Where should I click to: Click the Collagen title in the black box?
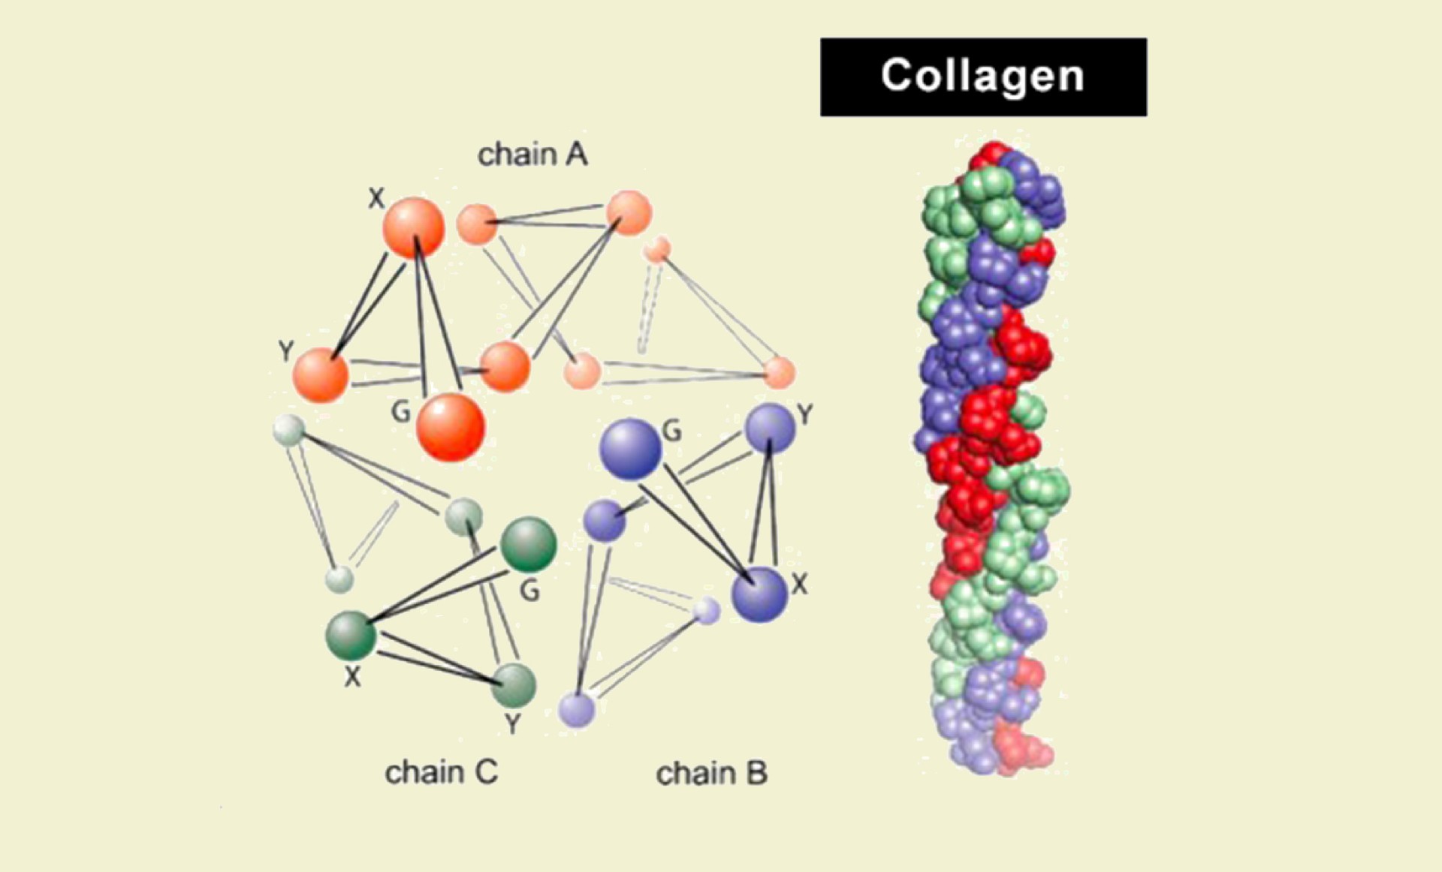(x=982, y=77)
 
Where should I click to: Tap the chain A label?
(x=532, y=155)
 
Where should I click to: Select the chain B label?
(x=711, y=773)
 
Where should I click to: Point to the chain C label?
(x=441, y=772)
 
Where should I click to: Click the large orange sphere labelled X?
(x=413, y=227)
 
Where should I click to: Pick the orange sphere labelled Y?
(x=321, y=374)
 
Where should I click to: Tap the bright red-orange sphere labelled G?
(x=451, y=426)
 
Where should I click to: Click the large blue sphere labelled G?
(x=631, y=449)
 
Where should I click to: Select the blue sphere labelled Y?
(x=769, y=428)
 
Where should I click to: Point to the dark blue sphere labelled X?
(x=759, y=594)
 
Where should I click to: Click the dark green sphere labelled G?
(x=528, y=544)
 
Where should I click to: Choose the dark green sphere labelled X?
(x=351, y=635)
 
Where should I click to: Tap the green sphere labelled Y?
(x=514, y=684)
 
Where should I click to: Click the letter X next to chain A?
(x=376, y=198)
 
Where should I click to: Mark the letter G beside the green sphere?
(x=530, y=591)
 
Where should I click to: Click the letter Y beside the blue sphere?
(x=805, y=414)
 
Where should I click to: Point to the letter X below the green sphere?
(x=352, y=677)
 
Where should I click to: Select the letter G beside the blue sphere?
(x=672, y=431)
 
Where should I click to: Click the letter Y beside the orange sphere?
(x=285, y=350)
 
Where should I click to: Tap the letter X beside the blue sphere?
(x=800, y=584)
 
